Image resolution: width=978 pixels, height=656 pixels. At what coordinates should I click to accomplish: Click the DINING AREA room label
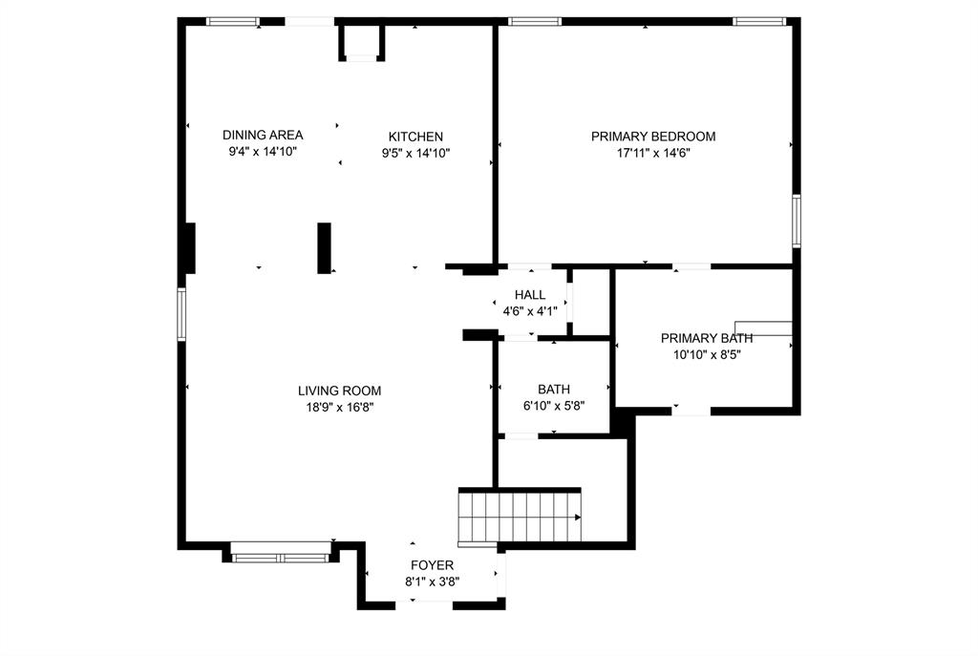263,136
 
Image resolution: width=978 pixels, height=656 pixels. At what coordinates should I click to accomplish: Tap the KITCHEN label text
415,137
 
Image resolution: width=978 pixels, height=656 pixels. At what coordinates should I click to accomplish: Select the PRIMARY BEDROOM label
652,137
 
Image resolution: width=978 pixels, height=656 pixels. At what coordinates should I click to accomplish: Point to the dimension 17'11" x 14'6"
652,153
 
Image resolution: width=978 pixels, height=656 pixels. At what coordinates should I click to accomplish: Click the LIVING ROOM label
339,391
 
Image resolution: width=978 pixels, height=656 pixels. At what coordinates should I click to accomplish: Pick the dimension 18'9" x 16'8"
339,407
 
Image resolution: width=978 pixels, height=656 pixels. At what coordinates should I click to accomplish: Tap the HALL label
529,295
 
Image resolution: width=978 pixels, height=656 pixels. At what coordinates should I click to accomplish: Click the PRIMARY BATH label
707,338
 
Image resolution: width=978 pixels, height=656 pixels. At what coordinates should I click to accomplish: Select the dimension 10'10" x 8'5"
707,354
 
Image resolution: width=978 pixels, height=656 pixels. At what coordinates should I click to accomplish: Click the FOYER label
432,565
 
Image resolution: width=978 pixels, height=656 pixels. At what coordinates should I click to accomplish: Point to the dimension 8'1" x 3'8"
432,582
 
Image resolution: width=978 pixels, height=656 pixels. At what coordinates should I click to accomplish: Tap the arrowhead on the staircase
577,518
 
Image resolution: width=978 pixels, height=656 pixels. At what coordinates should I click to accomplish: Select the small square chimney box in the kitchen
361,42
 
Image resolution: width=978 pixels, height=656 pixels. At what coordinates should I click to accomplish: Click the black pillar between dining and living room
324,248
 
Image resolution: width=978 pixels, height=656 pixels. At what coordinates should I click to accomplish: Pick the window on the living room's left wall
181,314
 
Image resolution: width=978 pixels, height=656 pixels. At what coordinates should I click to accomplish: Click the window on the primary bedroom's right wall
796,222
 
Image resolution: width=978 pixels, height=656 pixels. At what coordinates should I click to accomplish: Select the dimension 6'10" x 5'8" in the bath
553,406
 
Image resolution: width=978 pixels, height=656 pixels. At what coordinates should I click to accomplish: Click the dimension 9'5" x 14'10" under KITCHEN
415,153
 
